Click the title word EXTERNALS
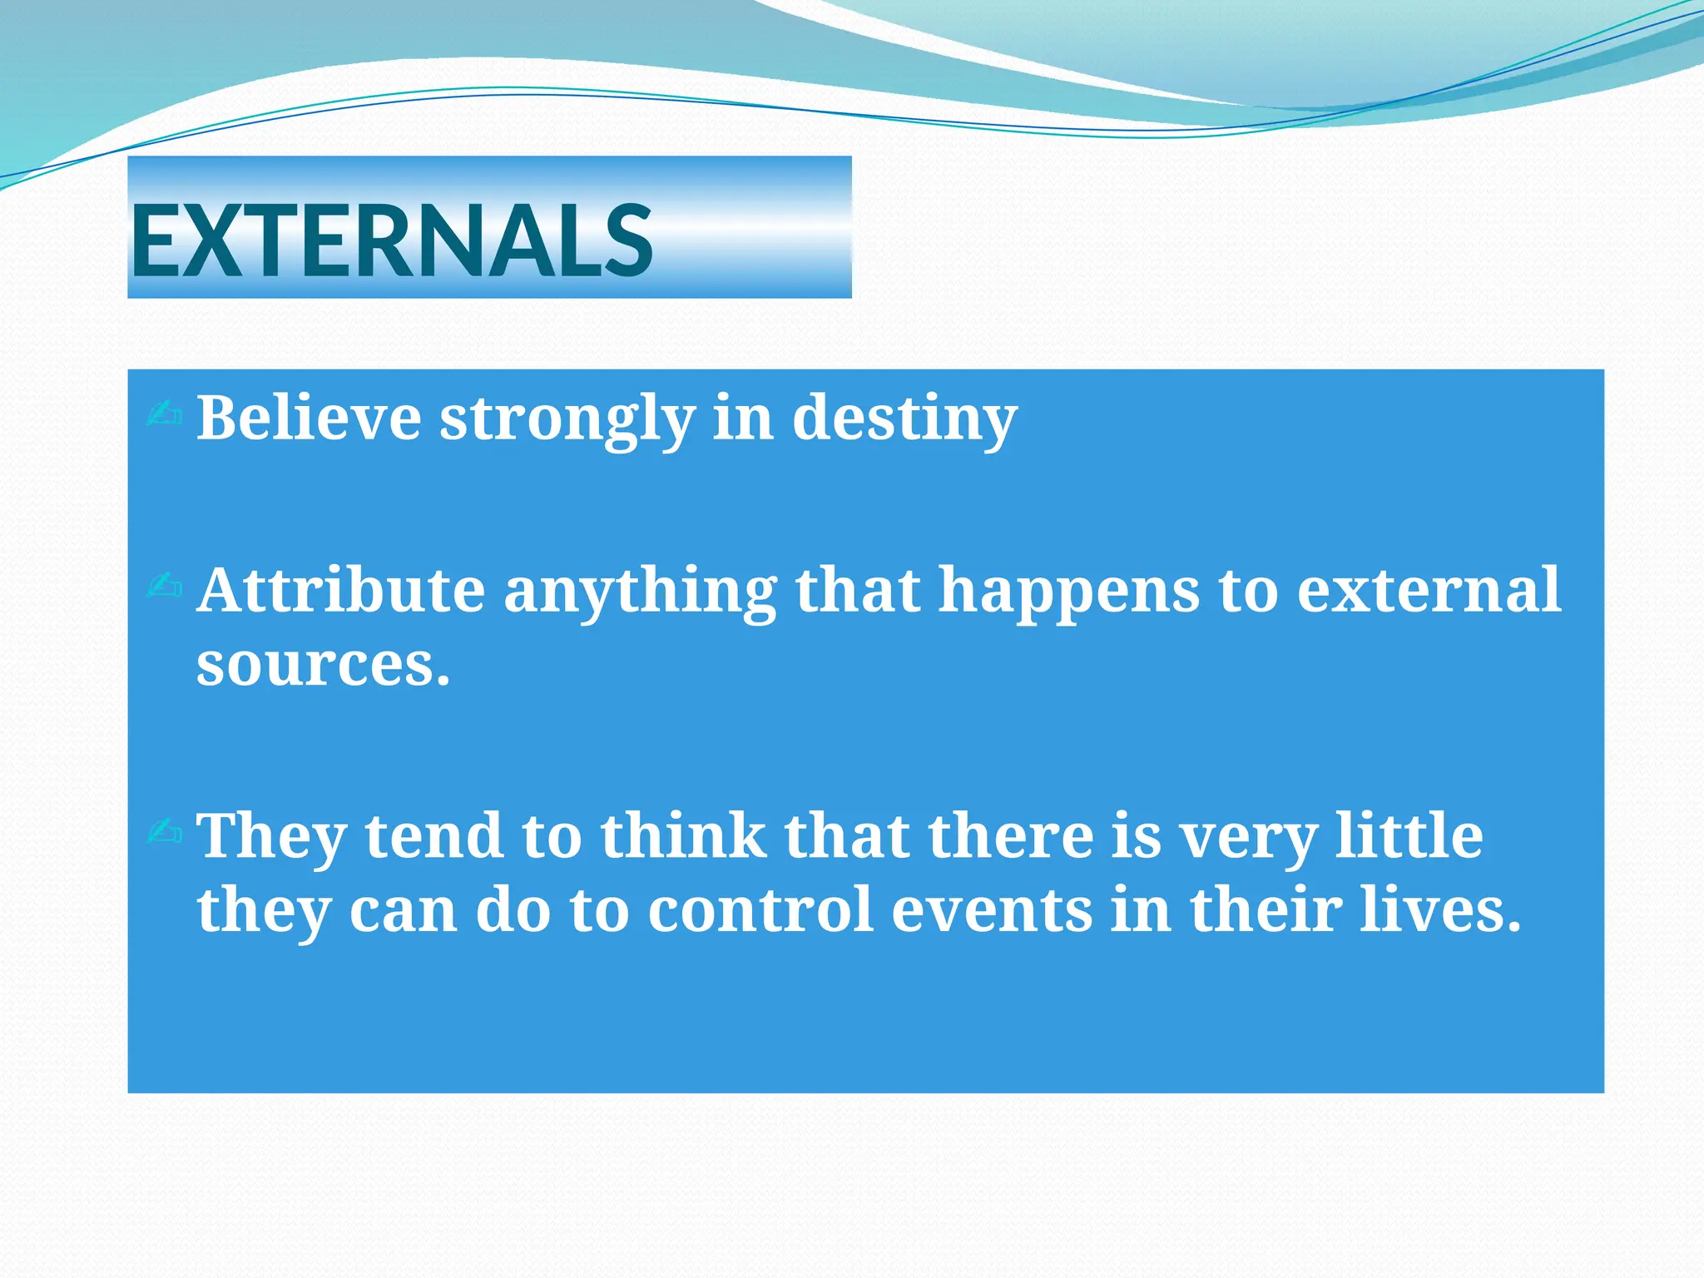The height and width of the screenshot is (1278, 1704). (x=391, y=241)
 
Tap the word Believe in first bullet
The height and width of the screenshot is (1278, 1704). (x=309, y=418)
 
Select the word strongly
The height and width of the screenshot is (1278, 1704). (x=567, y=419)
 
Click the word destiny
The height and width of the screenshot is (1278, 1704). (x=904, y=419)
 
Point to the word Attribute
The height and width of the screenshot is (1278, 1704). (x=340, y=590)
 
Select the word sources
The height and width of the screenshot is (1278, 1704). (x=322, y=666)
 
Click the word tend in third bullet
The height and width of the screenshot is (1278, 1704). (x=433, y=835)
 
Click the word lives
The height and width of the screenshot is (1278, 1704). (x=1439, y=909)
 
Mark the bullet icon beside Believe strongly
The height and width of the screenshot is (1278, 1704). (x=164, y=414)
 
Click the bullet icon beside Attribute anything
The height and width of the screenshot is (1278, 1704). (x=164, y=586)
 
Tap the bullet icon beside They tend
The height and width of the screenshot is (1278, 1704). (x=164, y=830)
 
